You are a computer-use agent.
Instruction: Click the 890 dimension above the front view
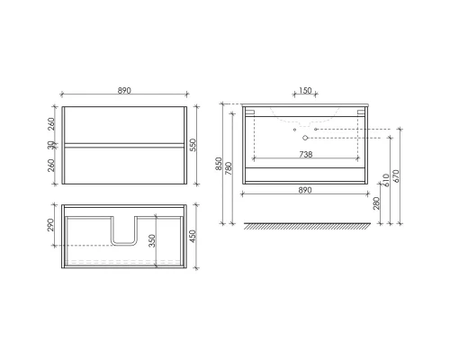click(124, 91)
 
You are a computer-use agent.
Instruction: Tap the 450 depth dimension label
click(193, 237)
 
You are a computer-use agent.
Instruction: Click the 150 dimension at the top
click(304, 91)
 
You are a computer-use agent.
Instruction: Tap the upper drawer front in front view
click(124, 123)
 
